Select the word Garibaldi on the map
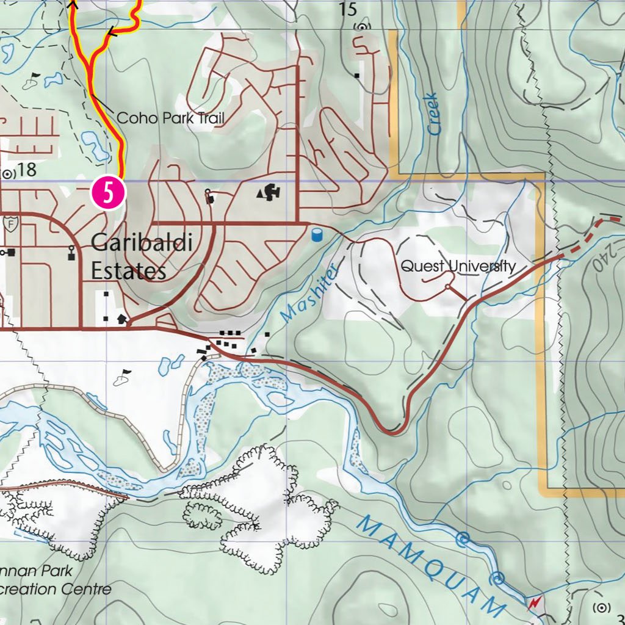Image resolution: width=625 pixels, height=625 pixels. [142, 244]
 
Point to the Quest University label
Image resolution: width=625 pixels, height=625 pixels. [458, 267]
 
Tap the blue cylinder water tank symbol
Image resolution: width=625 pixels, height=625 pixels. [316, 234]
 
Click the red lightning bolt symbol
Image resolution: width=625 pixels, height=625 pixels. [535, 604]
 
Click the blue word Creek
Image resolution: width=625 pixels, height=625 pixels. [433, 114]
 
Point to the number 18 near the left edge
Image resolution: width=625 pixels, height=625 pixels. [27, 170]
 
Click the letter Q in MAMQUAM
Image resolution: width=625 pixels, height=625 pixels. [438, 565]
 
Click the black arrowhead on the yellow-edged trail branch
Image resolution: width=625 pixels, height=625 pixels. [112, 32]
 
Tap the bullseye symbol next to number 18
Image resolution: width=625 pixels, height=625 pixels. [8, 174]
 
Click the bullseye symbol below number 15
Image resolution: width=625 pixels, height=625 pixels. [361, 27]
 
